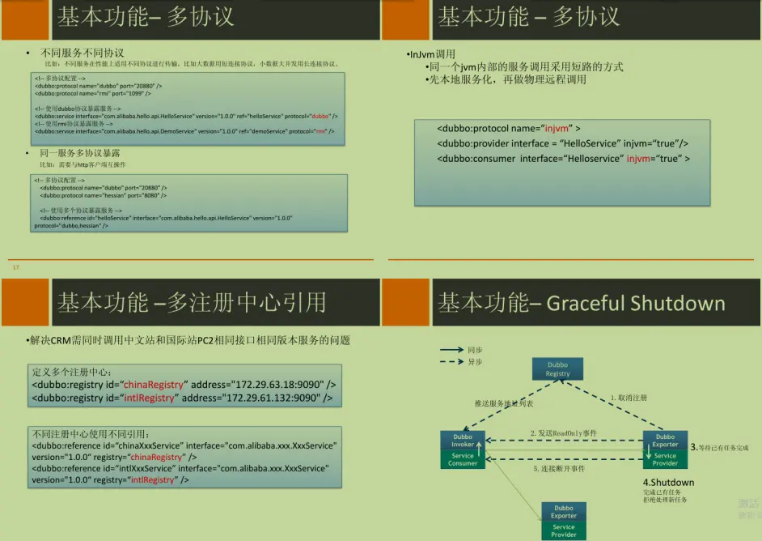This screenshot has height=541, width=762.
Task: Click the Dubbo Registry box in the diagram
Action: coord(557,369)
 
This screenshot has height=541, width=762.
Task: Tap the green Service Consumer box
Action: coord(464,459)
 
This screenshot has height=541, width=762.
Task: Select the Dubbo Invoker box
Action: coord(464,441)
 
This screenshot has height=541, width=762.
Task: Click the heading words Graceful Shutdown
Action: coord(636,304)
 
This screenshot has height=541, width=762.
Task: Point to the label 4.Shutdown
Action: coord(667,483)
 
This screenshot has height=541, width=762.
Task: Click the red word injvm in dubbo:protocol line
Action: coord(559,128)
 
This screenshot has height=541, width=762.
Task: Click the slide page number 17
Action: coord(15,266)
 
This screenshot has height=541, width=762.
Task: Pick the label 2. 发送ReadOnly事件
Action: coord(563,434)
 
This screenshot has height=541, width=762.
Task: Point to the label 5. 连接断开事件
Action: coord(560,469)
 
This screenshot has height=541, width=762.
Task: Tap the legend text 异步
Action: coord(475,362)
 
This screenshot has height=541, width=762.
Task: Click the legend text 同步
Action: coord(475,350)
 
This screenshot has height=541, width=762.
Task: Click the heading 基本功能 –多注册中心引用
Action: coord(191,304)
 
